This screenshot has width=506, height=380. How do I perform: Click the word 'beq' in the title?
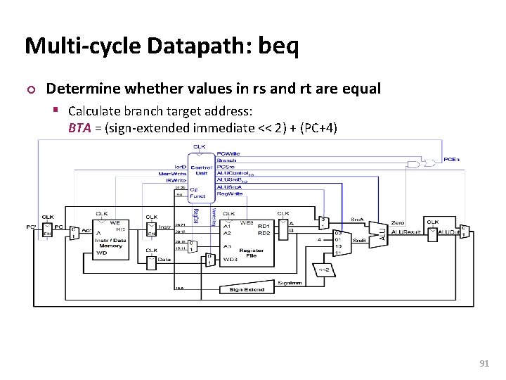[x=278, y=46]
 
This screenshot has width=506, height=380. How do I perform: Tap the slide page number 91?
[x=484, y=364]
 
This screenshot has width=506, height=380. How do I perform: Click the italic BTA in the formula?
[x=79, y=128]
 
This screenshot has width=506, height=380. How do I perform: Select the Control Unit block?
[x=201, y=170]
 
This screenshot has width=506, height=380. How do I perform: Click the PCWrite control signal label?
[x=229, y=153]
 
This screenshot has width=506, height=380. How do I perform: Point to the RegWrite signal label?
[x=228, y=192]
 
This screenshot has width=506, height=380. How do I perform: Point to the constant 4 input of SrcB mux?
[x=319, y=239]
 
